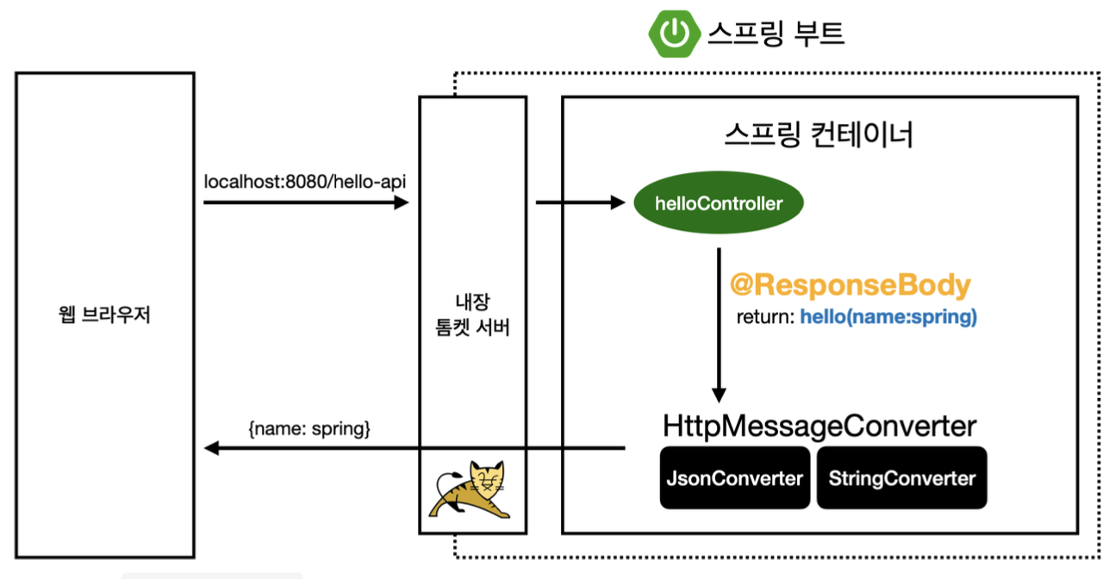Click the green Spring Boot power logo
pyautogui.click(x=674, y=34)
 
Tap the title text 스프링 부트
pyautogui.click(x=776, y=34)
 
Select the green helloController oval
pyautogui.click(x=718, y=204)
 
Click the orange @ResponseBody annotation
pyautogui.click(x=850, y=285)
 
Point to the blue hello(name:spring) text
pyautogui.click(x=888, y=317)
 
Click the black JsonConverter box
pyautogui.click(x=734, y=478)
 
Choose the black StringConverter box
pyautogui.click(x=901, y=478)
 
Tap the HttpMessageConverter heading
pyautogui.click(x=819, y=426)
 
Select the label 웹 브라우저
pyautogui.click(x=103, y=314)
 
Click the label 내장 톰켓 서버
pyautogui.click(x=472, y=316)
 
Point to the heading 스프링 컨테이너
pyautogui.click(x=819, y=136)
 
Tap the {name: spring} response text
pyautogui.click(x=309, y=427)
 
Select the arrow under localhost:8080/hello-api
pyautogui.click(x=306, y=203)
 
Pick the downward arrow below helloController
pyautogui.click(x=719, y=319)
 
